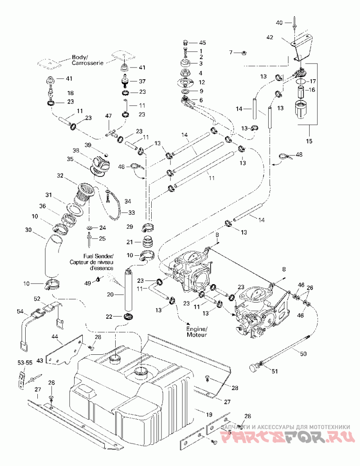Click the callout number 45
202,43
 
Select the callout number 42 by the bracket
270,37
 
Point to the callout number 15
309,140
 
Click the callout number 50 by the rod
303,354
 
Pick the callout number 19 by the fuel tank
209,414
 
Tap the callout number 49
88,284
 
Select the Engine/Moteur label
197,332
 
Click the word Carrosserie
87,63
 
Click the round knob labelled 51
254,368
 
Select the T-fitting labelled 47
110,133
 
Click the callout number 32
60,175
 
